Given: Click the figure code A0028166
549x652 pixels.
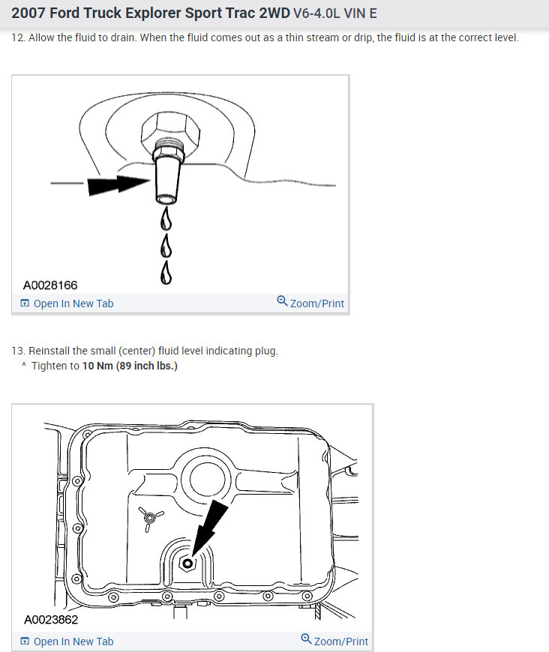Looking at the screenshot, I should click(x=50, y=286).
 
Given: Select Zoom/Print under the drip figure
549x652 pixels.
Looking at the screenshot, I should click(x=310, y=303).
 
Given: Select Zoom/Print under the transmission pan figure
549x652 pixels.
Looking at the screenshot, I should click(x=334, y=641).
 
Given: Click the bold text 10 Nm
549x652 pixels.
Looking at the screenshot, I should click(x=97, y=366).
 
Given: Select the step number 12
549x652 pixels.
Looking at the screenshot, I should click(x=17, y=37).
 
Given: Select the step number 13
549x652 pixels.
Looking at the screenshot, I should click(x=17, y=351).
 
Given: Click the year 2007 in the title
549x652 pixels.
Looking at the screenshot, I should click(x=28, y=13).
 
